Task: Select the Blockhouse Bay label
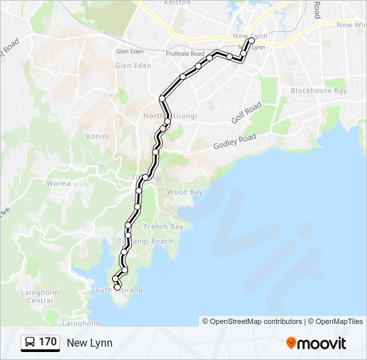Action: (318, 91)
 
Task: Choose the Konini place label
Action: (97, 137)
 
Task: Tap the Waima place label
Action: (59, 183)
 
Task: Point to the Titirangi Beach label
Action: (145, 241)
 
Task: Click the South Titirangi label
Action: (117, 290)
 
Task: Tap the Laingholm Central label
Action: (40, 297)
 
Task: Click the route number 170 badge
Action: (47, 343)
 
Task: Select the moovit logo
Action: (316, 343)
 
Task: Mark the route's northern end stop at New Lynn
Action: (252, 41)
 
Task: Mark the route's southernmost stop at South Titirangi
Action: (117, 287)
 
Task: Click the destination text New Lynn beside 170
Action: (89, 343)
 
